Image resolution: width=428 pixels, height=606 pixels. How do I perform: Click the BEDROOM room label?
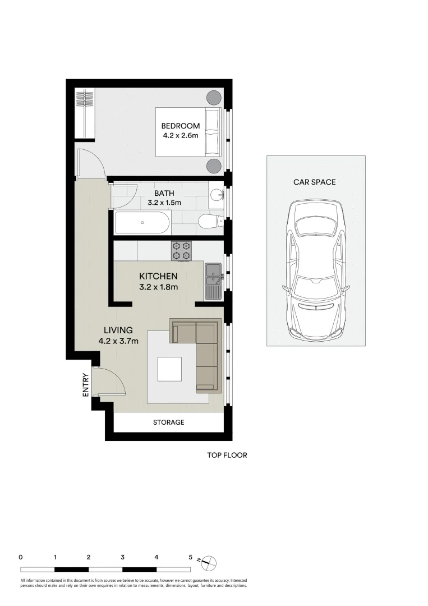point(181,126)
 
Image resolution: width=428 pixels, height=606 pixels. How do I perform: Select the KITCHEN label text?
point(158,276)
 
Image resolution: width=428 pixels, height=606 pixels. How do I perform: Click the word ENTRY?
point(86,385)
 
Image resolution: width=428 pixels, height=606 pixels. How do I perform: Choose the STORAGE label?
point(168,422)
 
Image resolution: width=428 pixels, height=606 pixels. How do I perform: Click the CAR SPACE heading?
point(314,182)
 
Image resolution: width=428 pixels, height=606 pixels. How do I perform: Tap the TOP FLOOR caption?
point(227,455)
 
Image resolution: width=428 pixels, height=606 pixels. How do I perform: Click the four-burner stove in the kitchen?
point(181,250)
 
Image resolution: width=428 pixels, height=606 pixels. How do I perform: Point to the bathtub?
point(141,223)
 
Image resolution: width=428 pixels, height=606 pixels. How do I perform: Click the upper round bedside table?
point(214,98)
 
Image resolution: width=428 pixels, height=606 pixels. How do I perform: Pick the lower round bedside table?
point(214,166)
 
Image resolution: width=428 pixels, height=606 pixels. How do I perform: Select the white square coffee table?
point(169,369)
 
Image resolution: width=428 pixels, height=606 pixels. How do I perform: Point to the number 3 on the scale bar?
point(122,557)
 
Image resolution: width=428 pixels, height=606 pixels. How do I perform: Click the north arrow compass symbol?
point(208,562)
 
